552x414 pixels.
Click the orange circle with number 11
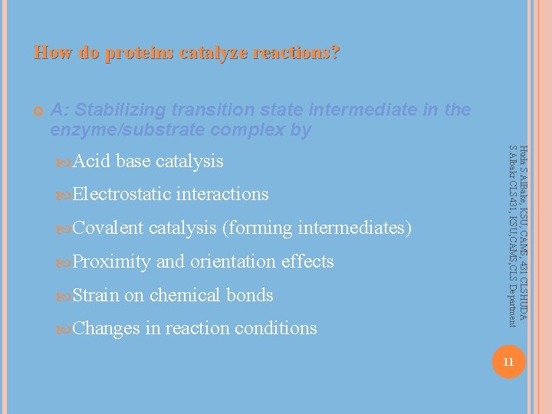click(508, 361)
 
